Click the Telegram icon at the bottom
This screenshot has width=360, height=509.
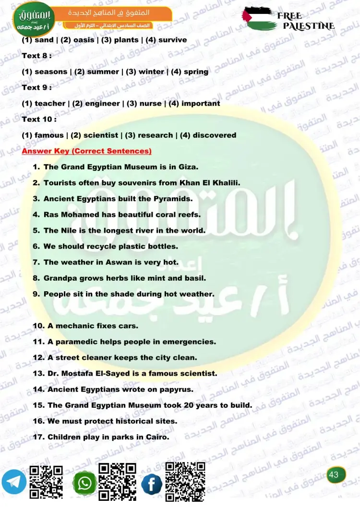tap(13, 482)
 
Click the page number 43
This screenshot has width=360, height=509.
tap(334, 475)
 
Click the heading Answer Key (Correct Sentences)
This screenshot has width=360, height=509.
tap(87, 151)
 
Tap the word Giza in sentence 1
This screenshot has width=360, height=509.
tap(187, 167)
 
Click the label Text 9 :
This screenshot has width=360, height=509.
tap(36, 87)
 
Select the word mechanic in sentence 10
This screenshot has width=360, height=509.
tap(74, 326)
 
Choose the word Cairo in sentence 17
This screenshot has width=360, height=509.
tap(158, 437)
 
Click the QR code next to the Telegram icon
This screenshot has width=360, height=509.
tap(46, 483)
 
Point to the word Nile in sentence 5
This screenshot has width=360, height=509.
tap(68, 230)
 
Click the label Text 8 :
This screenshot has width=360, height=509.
tap(36, 56)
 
